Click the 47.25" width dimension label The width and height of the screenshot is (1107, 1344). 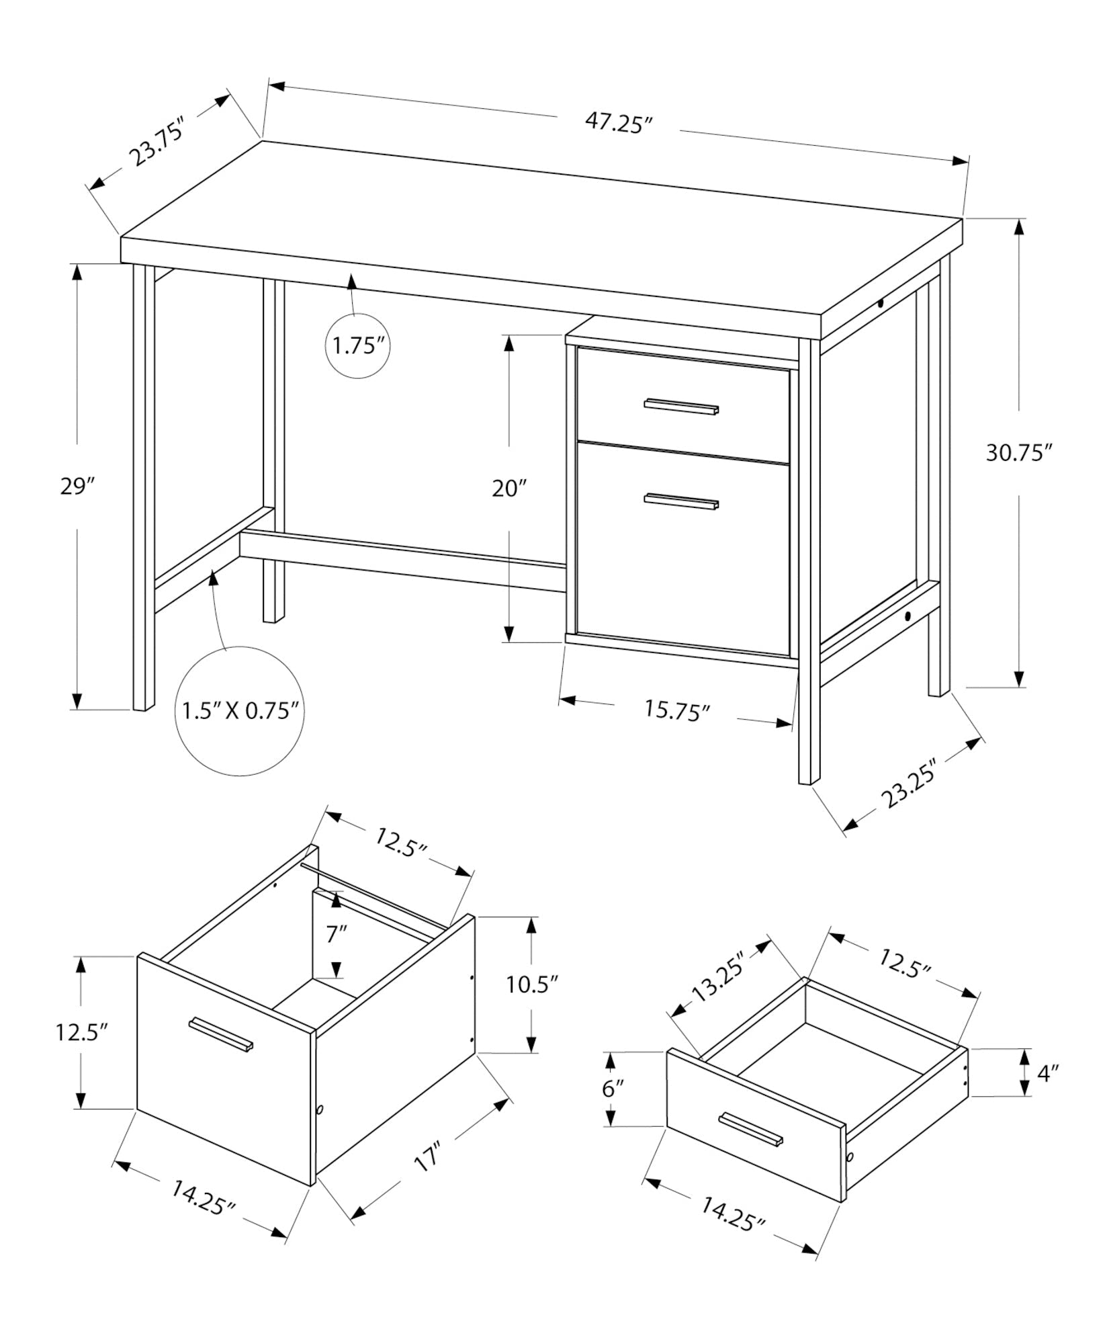[x=619, y=124]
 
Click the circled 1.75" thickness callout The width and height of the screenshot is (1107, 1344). [x=358, y=347]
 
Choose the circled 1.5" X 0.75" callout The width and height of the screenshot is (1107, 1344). [x=240, y=711]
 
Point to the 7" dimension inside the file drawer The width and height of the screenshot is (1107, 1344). [x=337, y=934]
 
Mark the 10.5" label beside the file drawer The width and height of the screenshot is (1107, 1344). [x=532, y=985]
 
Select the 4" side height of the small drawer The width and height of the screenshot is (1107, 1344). [x=1047, y=1092]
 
